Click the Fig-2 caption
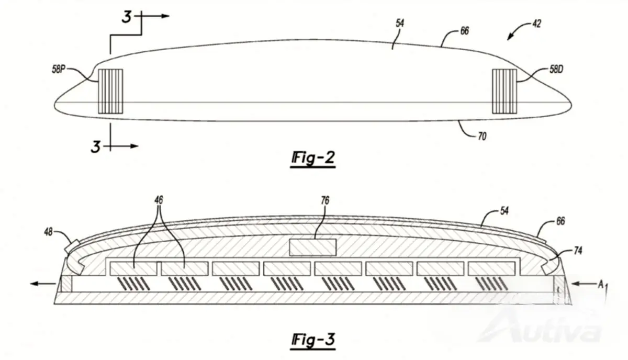point(313,159)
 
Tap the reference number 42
point(536,24)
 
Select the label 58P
point(58,69)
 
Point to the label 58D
point(556,69)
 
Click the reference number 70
point(482,137)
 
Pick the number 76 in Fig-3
point(325,200)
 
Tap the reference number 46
point(159,200)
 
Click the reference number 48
point(48,232)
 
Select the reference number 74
point(578,251)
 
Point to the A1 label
point(602,286)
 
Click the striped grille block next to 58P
point(110,92)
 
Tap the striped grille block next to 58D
point(504,92)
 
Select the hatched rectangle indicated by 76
point(312,248)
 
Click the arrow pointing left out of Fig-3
point(43,284)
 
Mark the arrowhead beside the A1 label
point(575,284)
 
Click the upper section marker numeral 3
point(127,17)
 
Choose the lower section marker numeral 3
point(96,147)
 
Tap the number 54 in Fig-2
point(400,23)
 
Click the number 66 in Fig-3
point(560,221)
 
